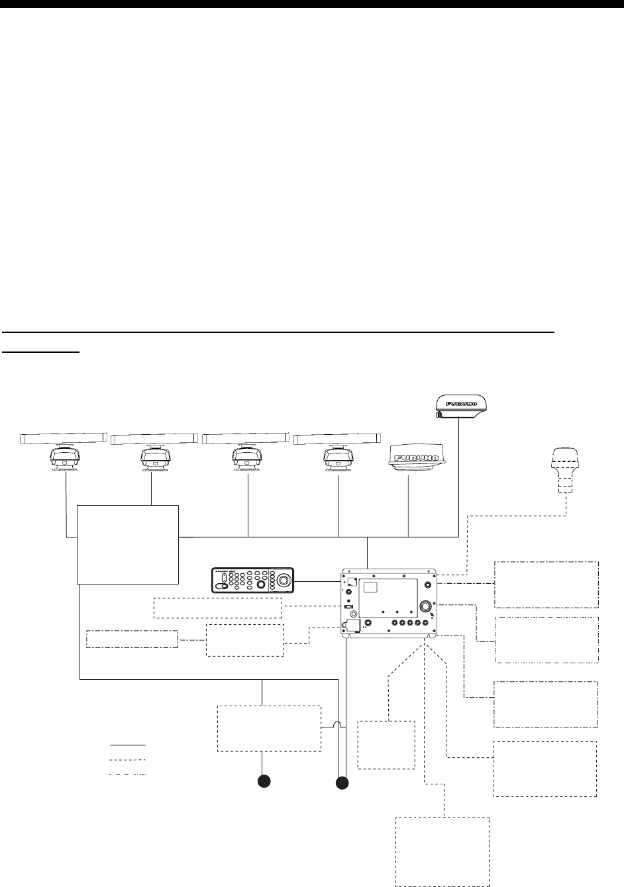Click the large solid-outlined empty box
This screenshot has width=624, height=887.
tap(128, 544)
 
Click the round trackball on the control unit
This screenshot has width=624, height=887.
tap(284, 581)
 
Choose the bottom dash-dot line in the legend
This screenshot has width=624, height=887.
tap(127, 774)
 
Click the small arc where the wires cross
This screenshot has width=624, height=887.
tap(337, 727)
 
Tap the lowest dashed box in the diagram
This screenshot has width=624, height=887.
tap(442, 851)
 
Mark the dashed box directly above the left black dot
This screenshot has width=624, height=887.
tap(270, 727)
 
